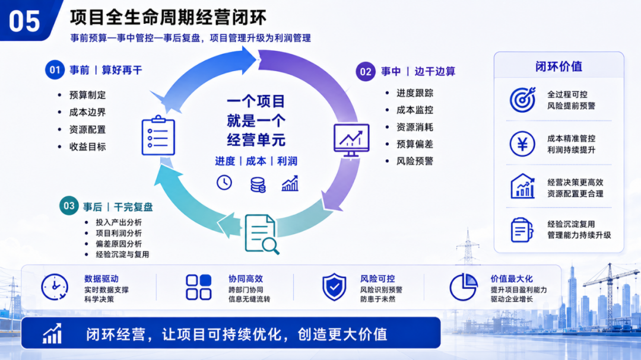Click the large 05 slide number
[24, 21]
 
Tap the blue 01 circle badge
[55, 70]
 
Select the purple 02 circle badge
[366, 72]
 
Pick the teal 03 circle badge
[69, 206]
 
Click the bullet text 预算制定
[87, 95]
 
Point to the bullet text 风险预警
[414, 161]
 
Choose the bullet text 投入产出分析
[119, 222]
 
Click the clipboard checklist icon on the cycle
[158, 135]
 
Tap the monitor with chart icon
[351, 140]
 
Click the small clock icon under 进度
[224, 183]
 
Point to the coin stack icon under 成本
[258, 184]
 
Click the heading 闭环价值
[559, 66]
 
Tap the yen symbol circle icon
[522, 144]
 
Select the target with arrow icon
[522, 99]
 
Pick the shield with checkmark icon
[334, 287]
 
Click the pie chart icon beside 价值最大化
[463, 287]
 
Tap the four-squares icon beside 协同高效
[199, 287]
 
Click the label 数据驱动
[101, 279]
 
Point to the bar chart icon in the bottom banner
[52, 333]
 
